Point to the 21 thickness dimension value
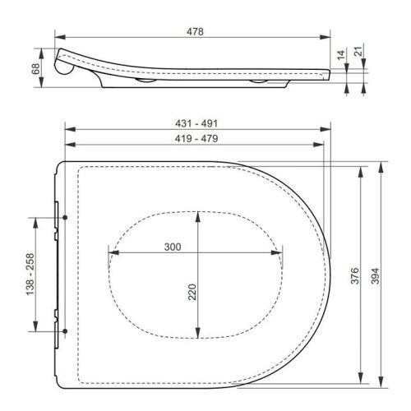(359, 52)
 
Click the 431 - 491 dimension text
(195, 122)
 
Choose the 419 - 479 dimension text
(195, 141)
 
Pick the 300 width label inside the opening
(173, 247)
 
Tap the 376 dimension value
(355, 275)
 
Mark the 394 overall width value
(376, 275)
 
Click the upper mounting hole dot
(64, 218)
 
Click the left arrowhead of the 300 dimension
(111, 254)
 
